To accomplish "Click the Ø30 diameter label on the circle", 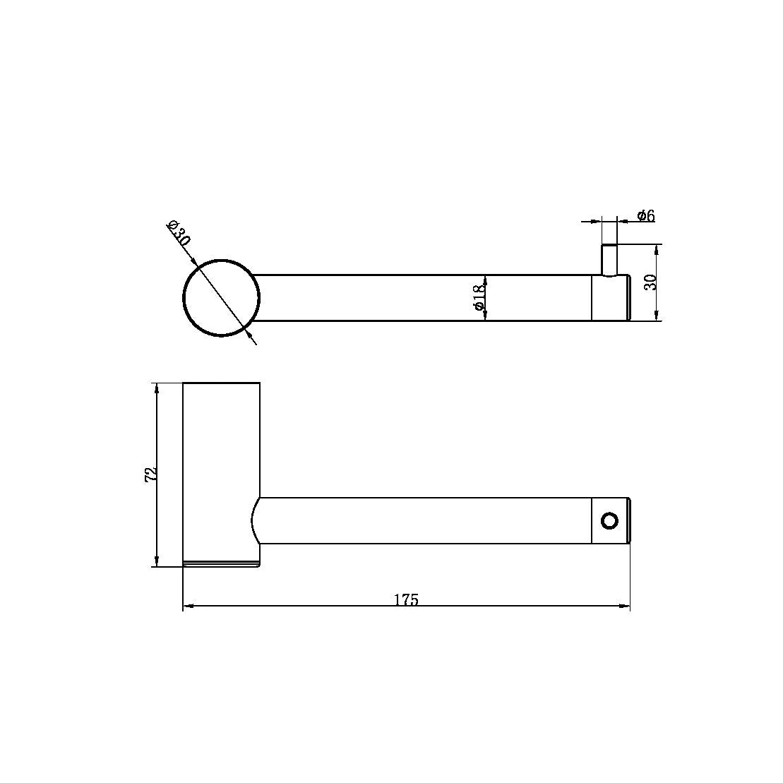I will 179,233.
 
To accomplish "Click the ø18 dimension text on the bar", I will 478,298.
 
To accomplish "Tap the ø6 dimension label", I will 645,216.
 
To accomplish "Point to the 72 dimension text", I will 149,474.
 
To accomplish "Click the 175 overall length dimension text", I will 406,600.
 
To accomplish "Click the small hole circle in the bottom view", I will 609,521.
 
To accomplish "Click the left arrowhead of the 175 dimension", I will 188,606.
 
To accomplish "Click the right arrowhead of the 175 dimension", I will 625,606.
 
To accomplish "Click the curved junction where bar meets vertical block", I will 254,521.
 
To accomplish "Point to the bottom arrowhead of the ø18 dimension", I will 486,316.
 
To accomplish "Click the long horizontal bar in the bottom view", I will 424,521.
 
